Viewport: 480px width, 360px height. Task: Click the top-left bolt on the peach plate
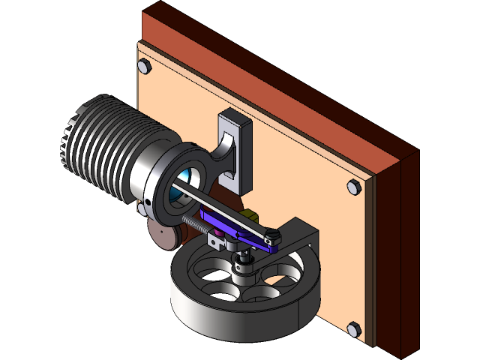pyautogui.click(x=145, y=68)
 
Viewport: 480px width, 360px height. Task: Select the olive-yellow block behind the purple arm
pyautogui.click(x=250, y=218)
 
